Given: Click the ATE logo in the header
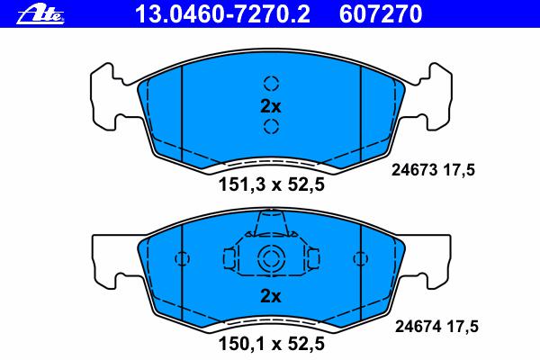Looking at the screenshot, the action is tap(40, 14).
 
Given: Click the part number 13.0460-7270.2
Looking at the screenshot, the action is tap(223, 13).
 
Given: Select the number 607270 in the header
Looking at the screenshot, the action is tap(381, 13).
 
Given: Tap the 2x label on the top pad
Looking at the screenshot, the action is tap(271, 106).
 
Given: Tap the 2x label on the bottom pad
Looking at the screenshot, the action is tap(271, 296).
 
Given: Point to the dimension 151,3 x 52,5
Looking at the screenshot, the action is tap(272, 184).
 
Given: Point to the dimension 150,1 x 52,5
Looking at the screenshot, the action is tap(272, 343).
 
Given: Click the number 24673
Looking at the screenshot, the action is tap(414, 170).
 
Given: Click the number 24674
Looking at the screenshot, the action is tap(418, 326).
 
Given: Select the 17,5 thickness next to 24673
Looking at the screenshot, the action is tap(459, 170).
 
